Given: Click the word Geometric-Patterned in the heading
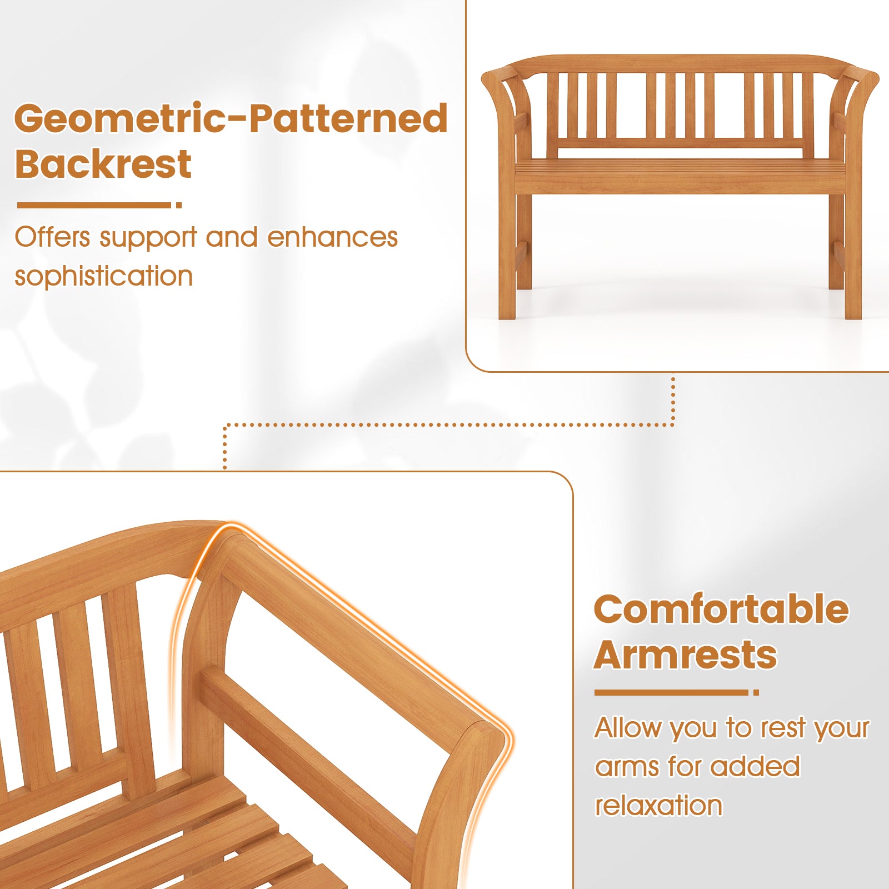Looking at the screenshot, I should (231, 118).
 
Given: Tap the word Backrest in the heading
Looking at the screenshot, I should (103, 164).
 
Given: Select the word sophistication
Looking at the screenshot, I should (103, 276).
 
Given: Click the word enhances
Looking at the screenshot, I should (332, 237).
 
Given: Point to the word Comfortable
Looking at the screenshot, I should (721, 610).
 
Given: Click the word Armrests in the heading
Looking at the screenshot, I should (685, 655).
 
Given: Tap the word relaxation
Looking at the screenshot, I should (658, 806).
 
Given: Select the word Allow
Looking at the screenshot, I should (628, 728).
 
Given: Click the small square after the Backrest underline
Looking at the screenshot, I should (179, 205).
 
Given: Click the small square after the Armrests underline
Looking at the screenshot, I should (756, 692).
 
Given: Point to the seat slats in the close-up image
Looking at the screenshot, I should (222, 833).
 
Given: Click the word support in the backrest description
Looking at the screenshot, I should (148, 238).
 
